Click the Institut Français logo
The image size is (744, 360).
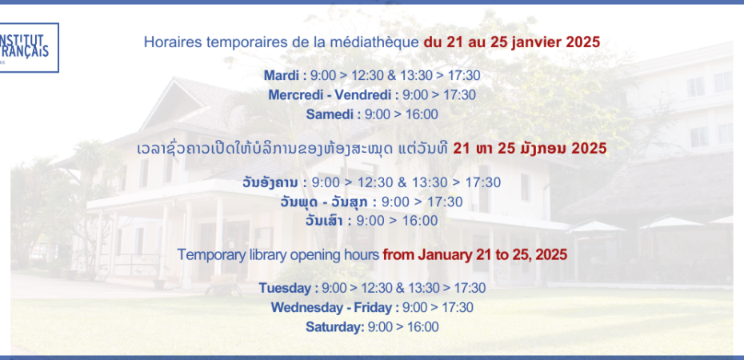[x=29, y=47]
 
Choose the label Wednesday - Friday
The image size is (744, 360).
[x=331, y=307]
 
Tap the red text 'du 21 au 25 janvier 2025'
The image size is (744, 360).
[x=512, y=42]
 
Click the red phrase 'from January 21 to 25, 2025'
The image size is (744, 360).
[x=475, y=254]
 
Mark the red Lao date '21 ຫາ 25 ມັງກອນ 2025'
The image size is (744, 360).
[x=530, y=149]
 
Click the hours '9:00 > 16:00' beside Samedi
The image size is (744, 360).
[x=402, y=114]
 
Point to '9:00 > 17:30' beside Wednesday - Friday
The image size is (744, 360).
[x=438, y=307]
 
